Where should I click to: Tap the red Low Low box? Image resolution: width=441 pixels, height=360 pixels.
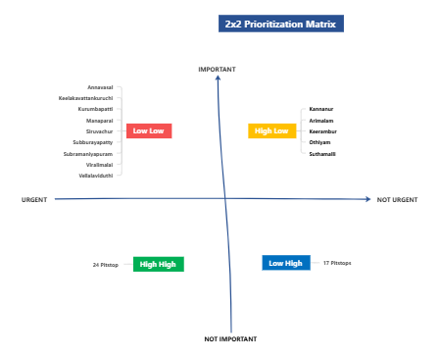(149, 130)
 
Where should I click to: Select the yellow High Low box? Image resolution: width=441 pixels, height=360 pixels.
(271, 130)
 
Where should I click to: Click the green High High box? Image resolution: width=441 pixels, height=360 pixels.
(158, 264)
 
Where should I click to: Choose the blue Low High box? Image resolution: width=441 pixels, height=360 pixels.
(286, 263)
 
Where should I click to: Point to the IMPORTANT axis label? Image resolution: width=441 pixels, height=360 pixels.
(218, 69)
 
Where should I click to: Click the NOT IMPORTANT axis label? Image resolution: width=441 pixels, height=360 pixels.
(230, 338)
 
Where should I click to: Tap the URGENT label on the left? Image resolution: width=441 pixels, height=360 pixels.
(34, 200)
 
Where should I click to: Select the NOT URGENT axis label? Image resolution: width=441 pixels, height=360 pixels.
(397, 200)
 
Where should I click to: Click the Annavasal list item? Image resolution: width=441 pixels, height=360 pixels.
(100, 87)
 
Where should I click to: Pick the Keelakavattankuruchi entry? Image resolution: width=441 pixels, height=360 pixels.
(86, 98)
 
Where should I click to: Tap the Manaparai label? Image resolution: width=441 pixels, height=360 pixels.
(100, 120)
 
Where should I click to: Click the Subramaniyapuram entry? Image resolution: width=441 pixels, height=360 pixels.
(88, 154)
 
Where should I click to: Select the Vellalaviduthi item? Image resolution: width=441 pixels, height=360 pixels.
(96, 176)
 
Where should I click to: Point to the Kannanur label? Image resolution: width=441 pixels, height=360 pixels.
(321, 108)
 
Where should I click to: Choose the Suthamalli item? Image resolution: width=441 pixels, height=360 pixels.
(322, 153)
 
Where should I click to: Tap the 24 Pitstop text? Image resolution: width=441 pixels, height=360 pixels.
(105, 265)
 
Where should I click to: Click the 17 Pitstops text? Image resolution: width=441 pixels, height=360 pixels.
(337, 263)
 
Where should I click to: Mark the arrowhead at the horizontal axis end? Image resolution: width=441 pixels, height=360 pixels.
(368, 200)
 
